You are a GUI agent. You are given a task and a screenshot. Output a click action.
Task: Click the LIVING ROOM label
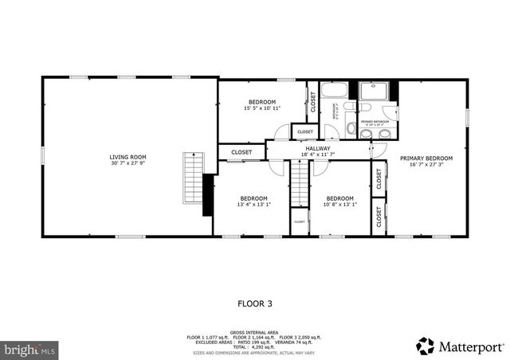(x=127, y=157)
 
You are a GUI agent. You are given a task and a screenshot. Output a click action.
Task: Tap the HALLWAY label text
(x=318, y=147)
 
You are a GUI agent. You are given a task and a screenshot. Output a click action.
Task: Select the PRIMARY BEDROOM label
(x=426, y=158)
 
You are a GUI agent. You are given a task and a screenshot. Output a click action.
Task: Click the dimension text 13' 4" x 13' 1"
(x=253, y=205)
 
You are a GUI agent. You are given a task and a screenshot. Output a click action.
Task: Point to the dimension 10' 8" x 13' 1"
(x=340, y=205)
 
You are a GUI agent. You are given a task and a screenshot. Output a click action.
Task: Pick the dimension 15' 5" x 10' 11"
(x=261, y=108)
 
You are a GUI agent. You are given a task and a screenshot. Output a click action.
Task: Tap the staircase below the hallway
(x=299, y=182)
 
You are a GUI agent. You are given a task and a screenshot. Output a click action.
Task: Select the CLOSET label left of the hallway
(x=242, y=152)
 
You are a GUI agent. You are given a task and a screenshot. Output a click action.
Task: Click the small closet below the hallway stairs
(x=300, y=222)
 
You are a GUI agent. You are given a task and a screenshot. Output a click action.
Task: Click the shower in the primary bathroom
(x=372, y=90)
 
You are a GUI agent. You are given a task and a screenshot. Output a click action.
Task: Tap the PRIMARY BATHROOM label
(x=372, y=123)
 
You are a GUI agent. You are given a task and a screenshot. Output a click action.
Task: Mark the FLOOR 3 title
(x=255, y=303)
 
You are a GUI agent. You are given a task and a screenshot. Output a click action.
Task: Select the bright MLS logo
(x=30, y=349)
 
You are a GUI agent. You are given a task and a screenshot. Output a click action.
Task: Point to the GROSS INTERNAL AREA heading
(x=254, y=332)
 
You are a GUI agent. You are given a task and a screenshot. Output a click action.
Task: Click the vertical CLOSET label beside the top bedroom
(x=313, y=102)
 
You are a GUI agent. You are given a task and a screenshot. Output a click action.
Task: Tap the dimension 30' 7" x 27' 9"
(x=127, y=164)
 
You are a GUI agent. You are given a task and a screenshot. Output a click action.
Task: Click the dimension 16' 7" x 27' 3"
(x=426, y=166)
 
